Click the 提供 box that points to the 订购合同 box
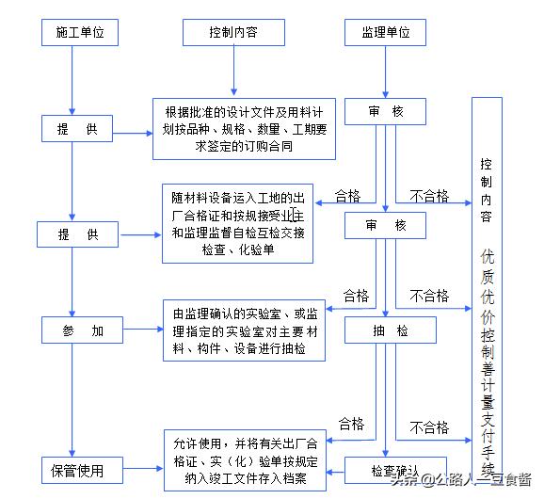(x=77, y=129)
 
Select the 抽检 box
(x=390, y=330)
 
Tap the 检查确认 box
(x=388, y=469)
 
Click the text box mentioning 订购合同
(x=244, y=129)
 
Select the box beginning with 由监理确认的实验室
(x=244, y=330)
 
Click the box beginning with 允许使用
(x=244, y=461)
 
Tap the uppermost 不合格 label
(x=429, y=196)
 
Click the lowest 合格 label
(x=350, y=423)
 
